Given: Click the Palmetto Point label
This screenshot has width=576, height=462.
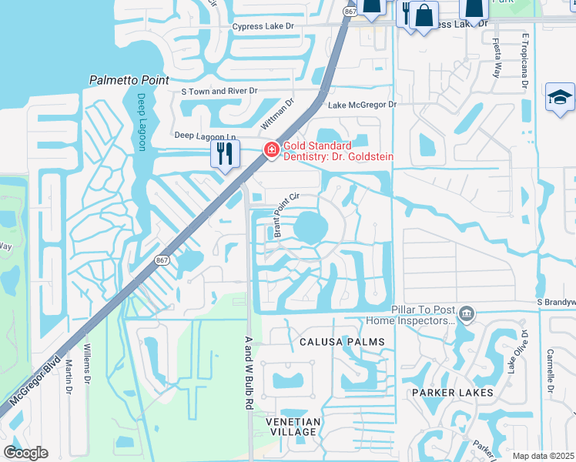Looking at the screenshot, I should [129, 79].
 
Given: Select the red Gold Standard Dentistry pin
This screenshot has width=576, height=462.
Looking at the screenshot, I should [271, 150].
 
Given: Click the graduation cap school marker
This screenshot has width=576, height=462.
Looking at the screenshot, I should [560, 98].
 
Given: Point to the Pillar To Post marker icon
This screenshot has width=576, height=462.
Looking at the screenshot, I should [466, 313].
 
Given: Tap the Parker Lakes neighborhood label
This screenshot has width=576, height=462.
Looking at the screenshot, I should [452, 393].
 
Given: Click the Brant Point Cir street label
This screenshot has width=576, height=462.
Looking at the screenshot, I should [282, 216].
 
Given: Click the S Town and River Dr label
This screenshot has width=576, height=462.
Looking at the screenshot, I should [218, 91].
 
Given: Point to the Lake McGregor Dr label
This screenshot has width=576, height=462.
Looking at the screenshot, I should [362, 105].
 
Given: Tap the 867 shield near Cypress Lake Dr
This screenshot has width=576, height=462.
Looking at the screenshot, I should [350, 12].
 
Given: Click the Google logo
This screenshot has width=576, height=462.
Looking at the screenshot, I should [26, 453].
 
